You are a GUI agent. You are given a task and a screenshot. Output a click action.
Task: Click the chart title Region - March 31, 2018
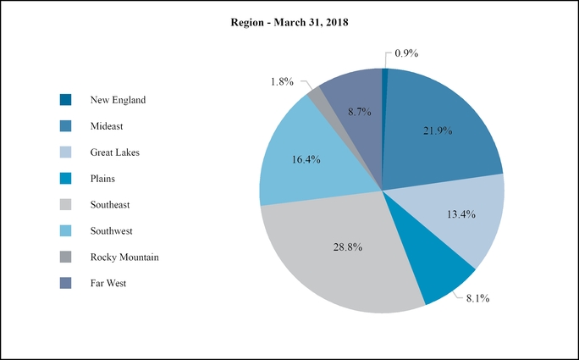pos(289,23)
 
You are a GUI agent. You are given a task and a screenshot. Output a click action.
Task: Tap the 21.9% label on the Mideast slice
pos(438,130)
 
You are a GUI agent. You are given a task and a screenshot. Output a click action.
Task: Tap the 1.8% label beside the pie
pos(282,81)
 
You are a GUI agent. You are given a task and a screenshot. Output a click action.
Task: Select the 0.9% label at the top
pos(407,53)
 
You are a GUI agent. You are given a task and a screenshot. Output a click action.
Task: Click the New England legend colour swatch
pos(66,100)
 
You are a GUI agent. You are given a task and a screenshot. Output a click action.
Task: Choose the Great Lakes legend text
pos(114,152)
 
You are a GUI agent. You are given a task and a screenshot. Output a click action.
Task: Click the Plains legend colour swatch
pos(66,179)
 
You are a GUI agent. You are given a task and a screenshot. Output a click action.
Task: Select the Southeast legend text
pos(110,205)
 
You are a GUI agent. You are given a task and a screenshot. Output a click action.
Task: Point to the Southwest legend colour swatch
pos(66,231)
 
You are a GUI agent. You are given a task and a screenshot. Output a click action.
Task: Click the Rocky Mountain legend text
pos(124,258)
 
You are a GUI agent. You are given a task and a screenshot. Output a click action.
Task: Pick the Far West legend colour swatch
pos(66,284)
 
